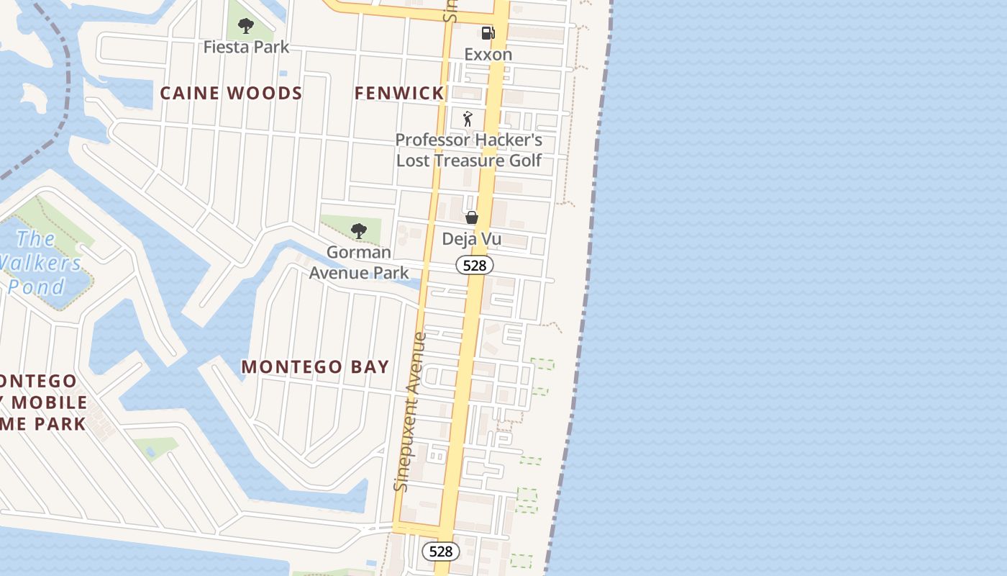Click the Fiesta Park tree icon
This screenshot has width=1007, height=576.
coord(246,27)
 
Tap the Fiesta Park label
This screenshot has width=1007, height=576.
coord(246,48)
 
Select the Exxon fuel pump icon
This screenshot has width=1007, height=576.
coord(488,33)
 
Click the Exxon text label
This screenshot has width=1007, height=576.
coord(488,55)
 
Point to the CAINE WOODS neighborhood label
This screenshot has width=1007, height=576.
coord(231,93)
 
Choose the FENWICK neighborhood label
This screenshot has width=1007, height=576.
coord(399,93)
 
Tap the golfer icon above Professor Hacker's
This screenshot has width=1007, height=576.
coord(468,119)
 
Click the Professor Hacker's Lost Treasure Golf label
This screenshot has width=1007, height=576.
coord(469,150)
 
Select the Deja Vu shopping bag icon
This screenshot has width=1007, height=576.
coord(472,217)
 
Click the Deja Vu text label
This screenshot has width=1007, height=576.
coord(472,239)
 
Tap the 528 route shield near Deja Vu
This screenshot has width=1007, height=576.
coord(475,266)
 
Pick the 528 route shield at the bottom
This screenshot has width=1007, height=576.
coord(440,552)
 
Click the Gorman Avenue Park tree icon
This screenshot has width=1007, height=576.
coord(359,231)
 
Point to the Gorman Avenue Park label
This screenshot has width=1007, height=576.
coord(359,262)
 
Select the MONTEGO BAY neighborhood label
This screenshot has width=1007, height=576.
coord(315,366)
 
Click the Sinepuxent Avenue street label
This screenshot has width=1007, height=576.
coord(411,412)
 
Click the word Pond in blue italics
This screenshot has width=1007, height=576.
coord(36,287)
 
